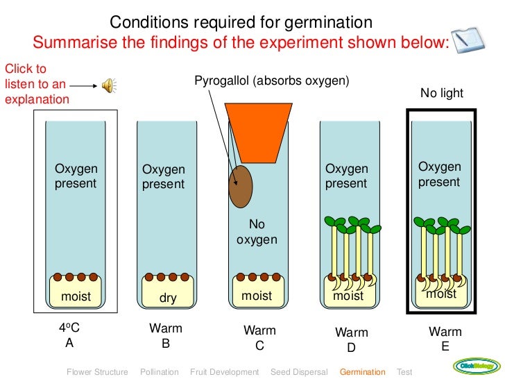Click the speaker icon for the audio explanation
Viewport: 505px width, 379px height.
[x=109, y=85]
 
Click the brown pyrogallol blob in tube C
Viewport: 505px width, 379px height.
[x=241, y=186]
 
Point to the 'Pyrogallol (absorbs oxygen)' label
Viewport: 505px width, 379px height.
[x=271, y=81]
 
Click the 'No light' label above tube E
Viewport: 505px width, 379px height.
[x=442, y=93]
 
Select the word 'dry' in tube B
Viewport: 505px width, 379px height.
[x=168, y=298]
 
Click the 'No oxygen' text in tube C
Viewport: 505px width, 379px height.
[x=257, y=233]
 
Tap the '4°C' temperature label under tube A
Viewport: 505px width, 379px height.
[x=70, y=328]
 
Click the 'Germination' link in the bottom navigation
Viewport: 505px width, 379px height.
[x=362, y=372]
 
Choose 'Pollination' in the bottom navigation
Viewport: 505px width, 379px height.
[x=160, y=372]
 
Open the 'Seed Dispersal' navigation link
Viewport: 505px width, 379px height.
[x=299, y=372]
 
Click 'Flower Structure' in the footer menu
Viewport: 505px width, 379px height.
[x=97, y=372]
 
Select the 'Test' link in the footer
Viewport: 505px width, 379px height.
[x=404, y=372]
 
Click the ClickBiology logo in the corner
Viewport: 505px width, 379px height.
[x=477, y=366]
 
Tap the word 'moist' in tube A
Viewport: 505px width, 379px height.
[x=76, y=296]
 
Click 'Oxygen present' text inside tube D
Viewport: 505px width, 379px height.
[x=347, y=176]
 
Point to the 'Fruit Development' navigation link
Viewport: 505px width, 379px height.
[x=224, y=372]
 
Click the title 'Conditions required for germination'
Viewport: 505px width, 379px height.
[x=241, y=22]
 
